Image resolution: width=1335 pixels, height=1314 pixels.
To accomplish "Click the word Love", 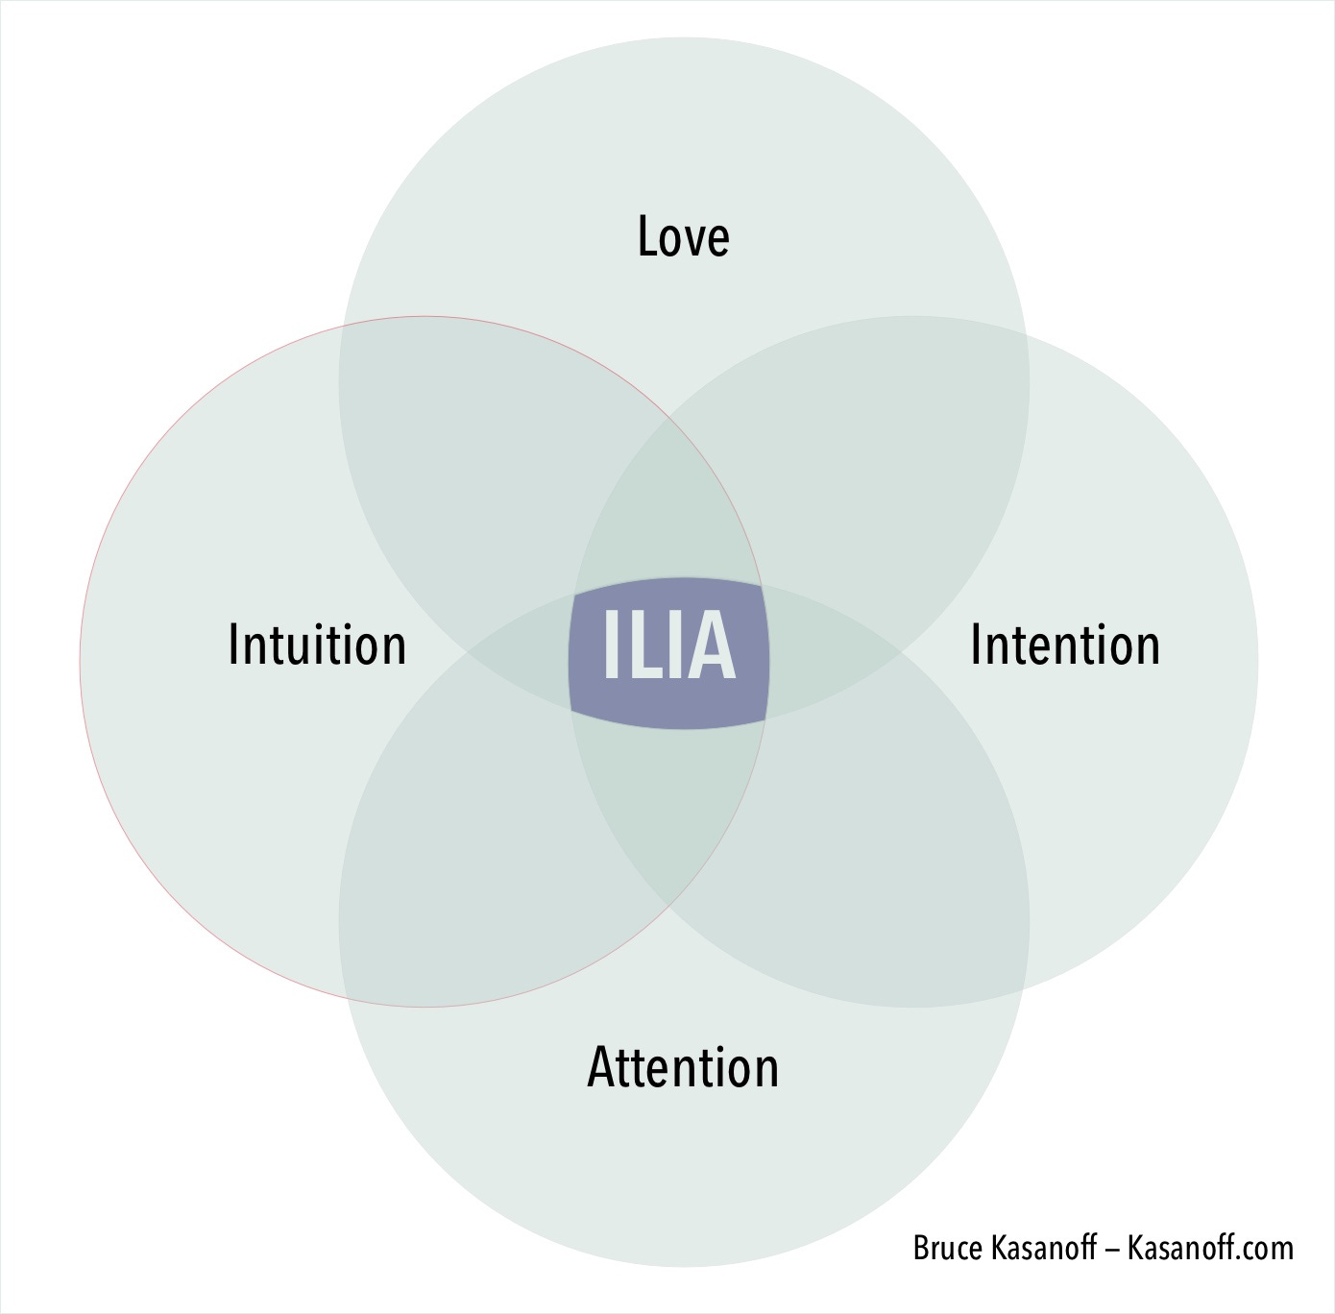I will pyautogui.click(x=683, y=236).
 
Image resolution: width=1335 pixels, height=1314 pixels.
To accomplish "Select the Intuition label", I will pyautogui.click(x=317, y=644).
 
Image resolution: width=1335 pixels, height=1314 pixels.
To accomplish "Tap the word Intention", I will pyautogui.click(x=1065, y=644).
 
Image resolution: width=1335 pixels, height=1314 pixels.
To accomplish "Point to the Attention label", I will pyautogui.click(x=683, y=1067).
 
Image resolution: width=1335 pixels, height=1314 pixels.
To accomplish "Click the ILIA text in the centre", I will pyautogui.click(x=668, y=647).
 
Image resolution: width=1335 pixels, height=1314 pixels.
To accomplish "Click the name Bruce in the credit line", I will pyautogui.click(x=949, y=1248).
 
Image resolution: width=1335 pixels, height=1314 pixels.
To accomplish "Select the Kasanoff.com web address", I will pyautogui.click(x=1210, y=1248).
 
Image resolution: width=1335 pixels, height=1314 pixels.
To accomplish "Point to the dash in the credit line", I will pyautogui.click(x=1112, y=1249).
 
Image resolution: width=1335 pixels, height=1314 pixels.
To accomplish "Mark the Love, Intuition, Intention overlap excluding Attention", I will pyautogui.click(x=669, y=519).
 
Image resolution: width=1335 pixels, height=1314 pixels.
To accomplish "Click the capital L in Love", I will pyautogui.click(x=648, y=236).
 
